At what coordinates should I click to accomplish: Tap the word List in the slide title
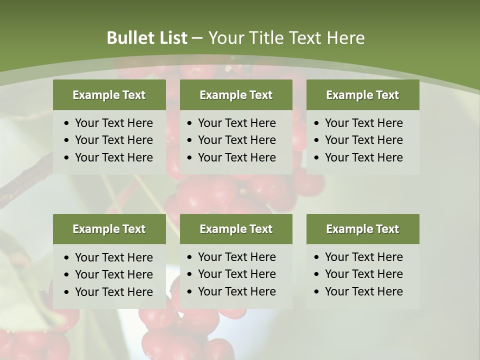click(x=171, y=38)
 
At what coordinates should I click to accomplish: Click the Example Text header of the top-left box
click(x=109, y=95)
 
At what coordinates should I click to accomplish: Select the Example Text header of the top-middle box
click(x=236, y=95)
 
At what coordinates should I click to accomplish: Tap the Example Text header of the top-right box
click(x=362, y=95)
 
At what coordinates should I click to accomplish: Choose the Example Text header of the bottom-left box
click(x=109, y=229)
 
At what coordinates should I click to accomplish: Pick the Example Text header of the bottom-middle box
click(x=236, y=229)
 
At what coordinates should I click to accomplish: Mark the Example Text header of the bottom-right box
click(x=362, y=229)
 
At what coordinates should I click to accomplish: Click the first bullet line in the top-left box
click(x=114, y=123)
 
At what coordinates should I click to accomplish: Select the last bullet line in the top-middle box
click(x=237, y=157)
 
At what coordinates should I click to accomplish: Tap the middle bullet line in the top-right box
click(x=364, y=140)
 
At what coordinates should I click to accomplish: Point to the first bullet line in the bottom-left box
click(x=114, y=257)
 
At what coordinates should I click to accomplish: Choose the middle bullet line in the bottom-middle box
click(x=237, y=274)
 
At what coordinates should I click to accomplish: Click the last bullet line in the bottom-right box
click(x=364, y=291)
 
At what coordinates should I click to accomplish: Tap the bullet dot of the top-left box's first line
click(x=67, y=123)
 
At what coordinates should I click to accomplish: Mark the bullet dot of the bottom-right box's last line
click(x=317, y=292)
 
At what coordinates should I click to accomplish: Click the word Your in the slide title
click(x=222, y=38)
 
